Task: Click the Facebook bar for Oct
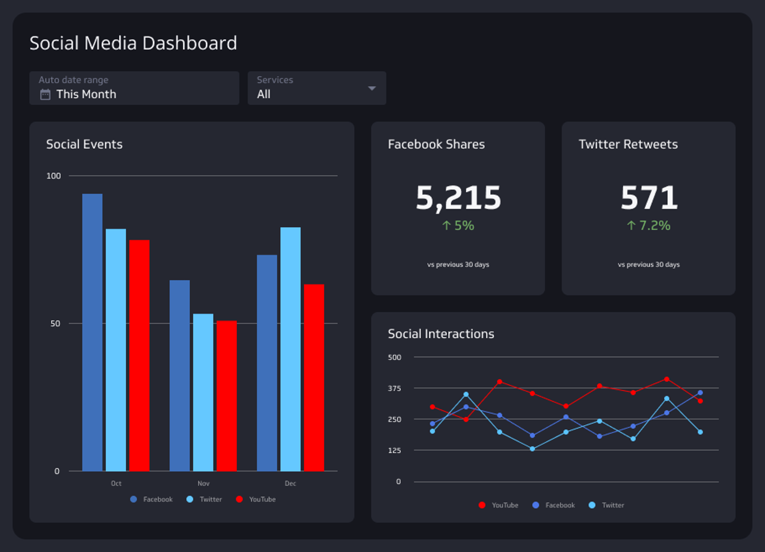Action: coord(92,332)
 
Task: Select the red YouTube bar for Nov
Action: coord(226,396)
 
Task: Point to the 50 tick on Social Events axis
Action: coord(55,324)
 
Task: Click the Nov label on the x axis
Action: coord(203,484)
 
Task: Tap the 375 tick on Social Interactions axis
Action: coord(395,388)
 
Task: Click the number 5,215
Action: coord(458,198)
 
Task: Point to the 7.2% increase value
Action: coord(654,225)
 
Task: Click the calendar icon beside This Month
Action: coord(46,95)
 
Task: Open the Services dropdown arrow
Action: coord(372,88)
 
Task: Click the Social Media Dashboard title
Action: coord(133,43)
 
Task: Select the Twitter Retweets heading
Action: coord(628,144)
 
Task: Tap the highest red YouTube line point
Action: coord(666,379)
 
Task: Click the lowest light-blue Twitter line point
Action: coord(532,449)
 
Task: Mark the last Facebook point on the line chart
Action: coord(700,393)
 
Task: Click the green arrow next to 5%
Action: coord(446,225)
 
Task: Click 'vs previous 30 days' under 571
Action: coord(648,264)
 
